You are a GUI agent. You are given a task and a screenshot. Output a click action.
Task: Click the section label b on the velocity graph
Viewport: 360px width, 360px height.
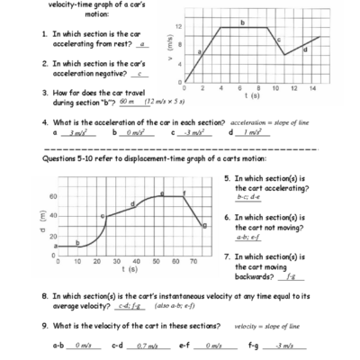243,21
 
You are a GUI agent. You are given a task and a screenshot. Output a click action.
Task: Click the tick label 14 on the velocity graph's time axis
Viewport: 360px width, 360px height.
312,88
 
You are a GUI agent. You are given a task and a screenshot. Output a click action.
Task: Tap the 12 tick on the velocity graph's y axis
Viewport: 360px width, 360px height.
179,26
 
